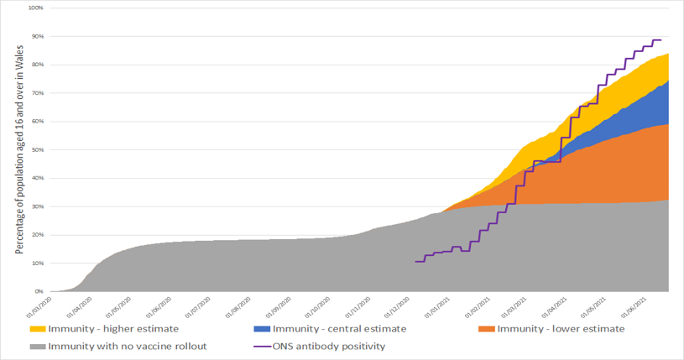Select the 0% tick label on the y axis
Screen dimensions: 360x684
click(39, 291)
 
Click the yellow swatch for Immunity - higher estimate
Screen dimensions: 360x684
click(38, 329)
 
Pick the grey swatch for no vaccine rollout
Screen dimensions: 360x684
click(38, 346)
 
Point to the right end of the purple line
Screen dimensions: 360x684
click(661, 40)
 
